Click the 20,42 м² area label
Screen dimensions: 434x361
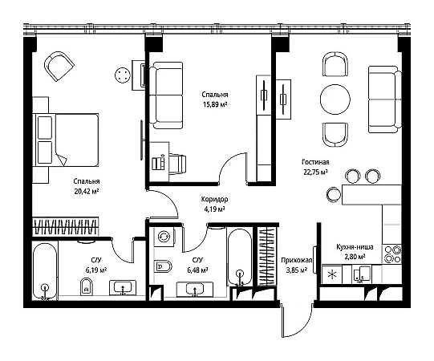click(x=87, y=191)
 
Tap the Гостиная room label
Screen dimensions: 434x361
click(x=315, y=162)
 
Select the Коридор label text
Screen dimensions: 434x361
click(x=214, y=199)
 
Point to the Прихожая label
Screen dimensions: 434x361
click(x=297, y=260)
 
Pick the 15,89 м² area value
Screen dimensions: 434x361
click(x=215, y=104)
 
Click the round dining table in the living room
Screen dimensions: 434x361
click(x=335, y=99)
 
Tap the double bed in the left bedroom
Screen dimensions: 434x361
click(x=66, y=140)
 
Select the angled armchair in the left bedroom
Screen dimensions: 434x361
click(x=59, y=66)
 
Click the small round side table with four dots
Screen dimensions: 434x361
click(x=123, y=75)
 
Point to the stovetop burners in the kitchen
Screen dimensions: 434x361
click(x=391, y=254)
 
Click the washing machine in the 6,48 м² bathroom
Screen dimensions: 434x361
click(x=164, y=237)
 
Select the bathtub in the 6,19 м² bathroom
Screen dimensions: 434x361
click(x=45, y=271)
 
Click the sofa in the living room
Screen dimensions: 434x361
click(x=385, y=99)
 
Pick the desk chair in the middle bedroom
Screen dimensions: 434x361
click(x=177, y=164)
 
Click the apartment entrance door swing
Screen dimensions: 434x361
click(x=297, y=320)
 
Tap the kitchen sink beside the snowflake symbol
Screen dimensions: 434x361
click(x=361, y=274)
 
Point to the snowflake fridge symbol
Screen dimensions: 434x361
click(x=331, y=275)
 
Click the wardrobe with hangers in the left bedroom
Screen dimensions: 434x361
click(x=65, y=227)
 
